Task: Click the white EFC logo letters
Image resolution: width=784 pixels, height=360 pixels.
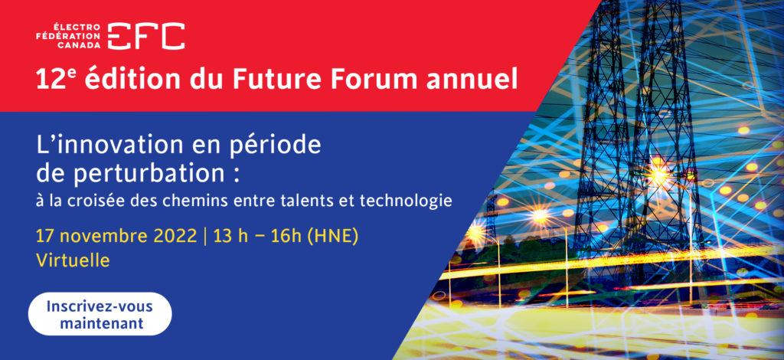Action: [x=146, y=36]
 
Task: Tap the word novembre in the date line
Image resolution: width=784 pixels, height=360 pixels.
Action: [x=103, y=236]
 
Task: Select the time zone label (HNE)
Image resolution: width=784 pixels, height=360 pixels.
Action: [x=332, y=236]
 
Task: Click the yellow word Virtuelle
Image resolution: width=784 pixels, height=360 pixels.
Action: [x=73, y=260]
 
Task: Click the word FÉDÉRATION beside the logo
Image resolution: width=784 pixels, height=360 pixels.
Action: [x=68, y=36]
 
